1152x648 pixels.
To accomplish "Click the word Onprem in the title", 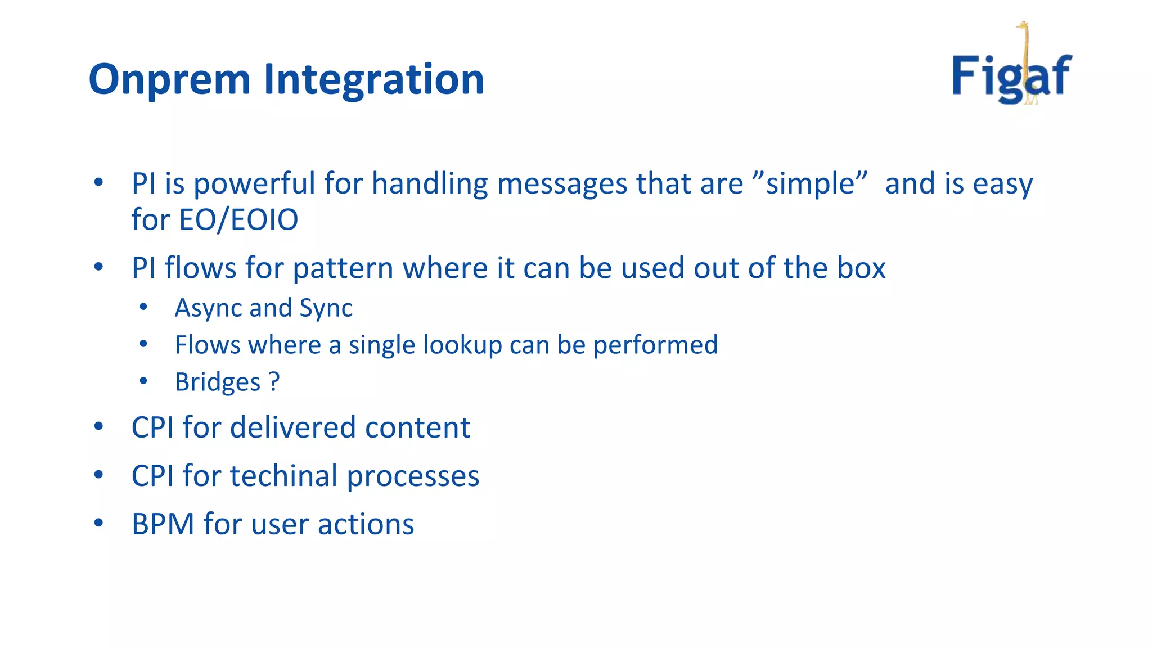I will pos(169,80).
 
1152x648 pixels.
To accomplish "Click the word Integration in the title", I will pos(373,80).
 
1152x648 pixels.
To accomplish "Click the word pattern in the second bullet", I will pos(343,268).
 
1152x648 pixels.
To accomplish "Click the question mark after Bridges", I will pos(274,382).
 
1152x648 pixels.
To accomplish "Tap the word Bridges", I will pos(218,382).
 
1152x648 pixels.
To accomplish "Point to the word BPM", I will pos(163,524).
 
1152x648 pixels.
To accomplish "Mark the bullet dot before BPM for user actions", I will pos(99,523).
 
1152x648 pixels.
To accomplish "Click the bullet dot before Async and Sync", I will pos(143,307).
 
